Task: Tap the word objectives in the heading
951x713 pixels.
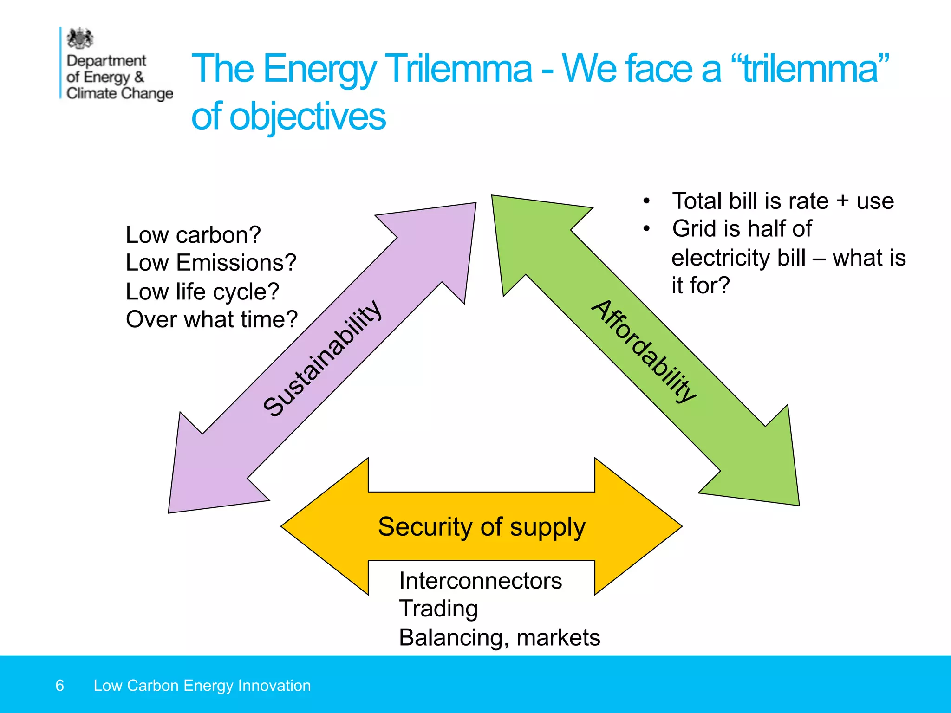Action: [x=307, y=117]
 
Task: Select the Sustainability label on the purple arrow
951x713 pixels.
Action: [x=322, y=358]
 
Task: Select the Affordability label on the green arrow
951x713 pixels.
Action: [x=644, y=351]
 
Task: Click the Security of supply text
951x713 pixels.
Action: [x=482, y=527]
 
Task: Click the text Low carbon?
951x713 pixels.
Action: [x=193, y=235]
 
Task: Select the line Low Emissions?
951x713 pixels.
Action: [x=211, y=263]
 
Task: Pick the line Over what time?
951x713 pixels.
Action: [x=212, y=319]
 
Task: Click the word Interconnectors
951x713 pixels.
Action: [x=481, y=581]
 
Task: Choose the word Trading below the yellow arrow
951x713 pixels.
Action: [x=438, y=609]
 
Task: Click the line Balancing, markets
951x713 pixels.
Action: [x=500, y=637]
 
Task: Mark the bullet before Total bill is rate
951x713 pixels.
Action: [x=646, y=201]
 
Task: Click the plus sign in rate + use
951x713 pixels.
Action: [x=842, y=201]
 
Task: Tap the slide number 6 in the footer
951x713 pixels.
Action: [x=59, y=686]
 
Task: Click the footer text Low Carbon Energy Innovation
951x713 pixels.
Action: [x=202, y=686]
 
